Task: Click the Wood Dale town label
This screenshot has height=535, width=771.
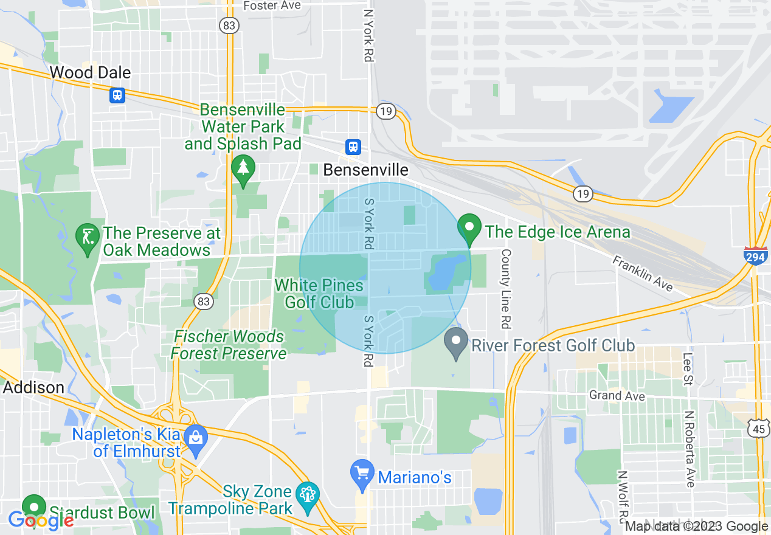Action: pyautogui.click(x=90, y=72)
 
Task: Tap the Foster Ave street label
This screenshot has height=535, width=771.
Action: pyautogui.click(x=272, y=6)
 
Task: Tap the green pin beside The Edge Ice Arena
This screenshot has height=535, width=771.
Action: pyautogui.click(x=469, y=229)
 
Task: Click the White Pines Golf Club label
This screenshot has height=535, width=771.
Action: pyautogui.click(x=319, y=294)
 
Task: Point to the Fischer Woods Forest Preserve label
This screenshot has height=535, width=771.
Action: pyautogui.click(x=229, y=345)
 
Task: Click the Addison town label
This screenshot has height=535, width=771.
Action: pyautogui.click(x=34, y=387)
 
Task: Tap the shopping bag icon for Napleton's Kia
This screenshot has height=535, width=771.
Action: pyautogui.click(x=196, y=437)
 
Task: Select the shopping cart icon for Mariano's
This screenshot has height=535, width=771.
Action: pyautogui.click(x=362, y=473)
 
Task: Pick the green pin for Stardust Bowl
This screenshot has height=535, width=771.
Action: pyautogui.click(x=34, y=507)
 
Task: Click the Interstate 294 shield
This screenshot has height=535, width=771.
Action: pyautogui.click(x=755, y=255)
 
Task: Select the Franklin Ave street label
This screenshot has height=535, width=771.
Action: pyautogui.click(x=643, y=274)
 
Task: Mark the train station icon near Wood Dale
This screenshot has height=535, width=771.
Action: pyautogui.click(x=117, y=95)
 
